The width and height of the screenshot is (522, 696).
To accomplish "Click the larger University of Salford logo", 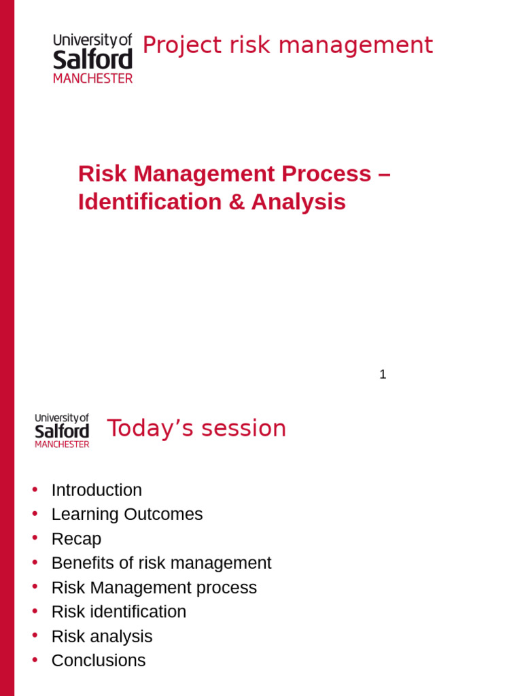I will point(93,58).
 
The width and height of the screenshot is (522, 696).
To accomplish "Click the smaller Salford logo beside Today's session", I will point(62,430).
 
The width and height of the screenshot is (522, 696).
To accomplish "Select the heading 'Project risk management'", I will point(287,46).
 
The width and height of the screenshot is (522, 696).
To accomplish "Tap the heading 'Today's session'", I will point(196,429).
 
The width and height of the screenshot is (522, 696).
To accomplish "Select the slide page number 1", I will point(383,375).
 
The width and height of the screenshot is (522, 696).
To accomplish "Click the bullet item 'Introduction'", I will point(97,490).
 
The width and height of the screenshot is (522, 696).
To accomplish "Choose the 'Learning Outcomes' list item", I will point(127,515).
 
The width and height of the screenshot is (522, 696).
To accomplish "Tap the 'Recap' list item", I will point(76,539).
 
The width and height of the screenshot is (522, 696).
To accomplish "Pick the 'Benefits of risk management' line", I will point(161,563).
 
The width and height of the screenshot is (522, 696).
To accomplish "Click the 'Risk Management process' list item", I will point(154,588).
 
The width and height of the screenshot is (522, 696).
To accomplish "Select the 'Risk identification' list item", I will point(119,612).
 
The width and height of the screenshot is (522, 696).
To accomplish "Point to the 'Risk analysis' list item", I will point(102,637).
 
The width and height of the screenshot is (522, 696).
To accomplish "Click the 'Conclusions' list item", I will point(99,661).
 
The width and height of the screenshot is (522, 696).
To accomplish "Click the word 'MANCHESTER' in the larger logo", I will point(93,78).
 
